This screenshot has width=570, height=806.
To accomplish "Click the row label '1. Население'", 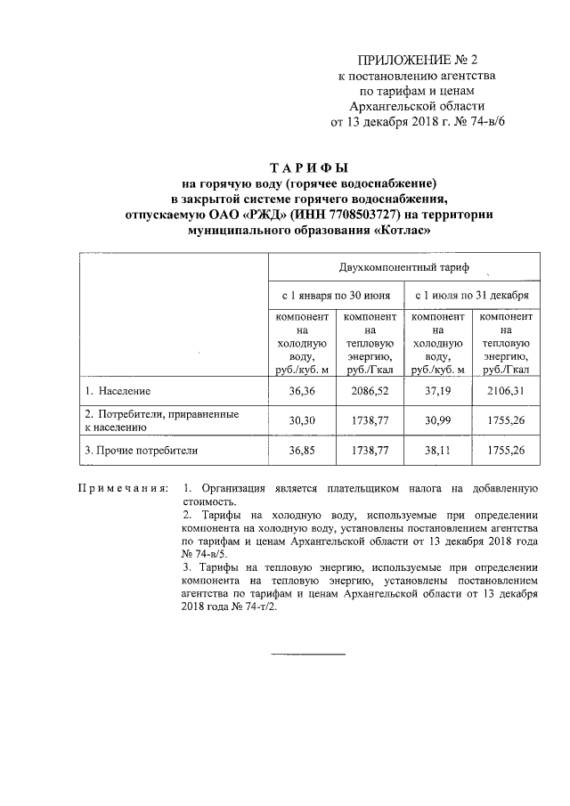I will tap(118, 391).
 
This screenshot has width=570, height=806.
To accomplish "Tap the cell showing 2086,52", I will tap(370, 391).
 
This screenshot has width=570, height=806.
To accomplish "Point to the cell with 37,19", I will tap(438, 391).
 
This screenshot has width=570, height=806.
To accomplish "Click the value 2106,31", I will tap(506, 391).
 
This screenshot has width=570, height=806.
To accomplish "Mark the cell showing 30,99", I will tap(438, 420).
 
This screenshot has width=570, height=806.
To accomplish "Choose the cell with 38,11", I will tap(438, 450).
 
